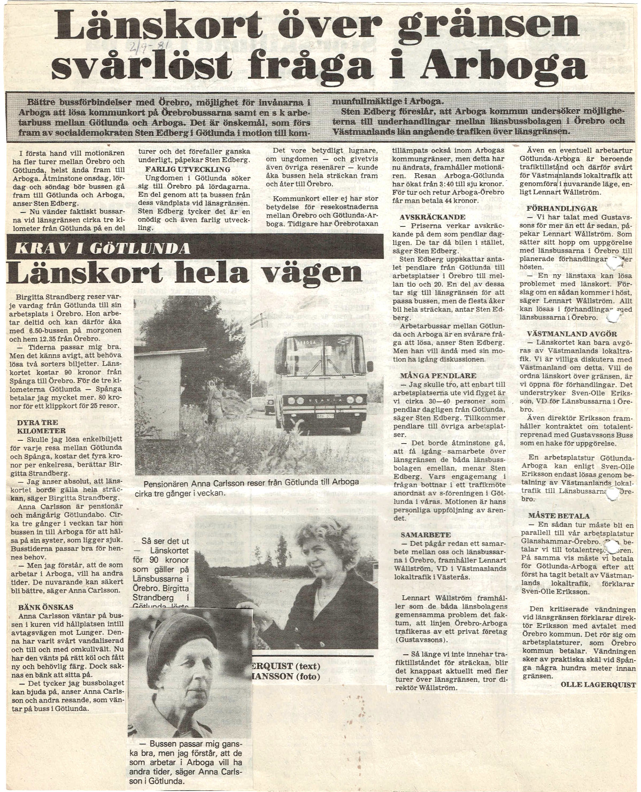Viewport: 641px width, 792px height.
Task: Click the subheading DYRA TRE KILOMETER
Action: (41, 426)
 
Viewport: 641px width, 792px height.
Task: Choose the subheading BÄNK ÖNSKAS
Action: (45, 607)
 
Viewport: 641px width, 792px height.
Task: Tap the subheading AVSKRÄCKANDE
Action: (432, 217)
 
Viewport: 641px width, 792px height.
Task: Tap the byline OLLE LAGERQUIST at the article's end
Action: (598, 685)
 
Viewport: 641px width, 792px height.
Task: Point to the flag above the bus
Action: (260, 320)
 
